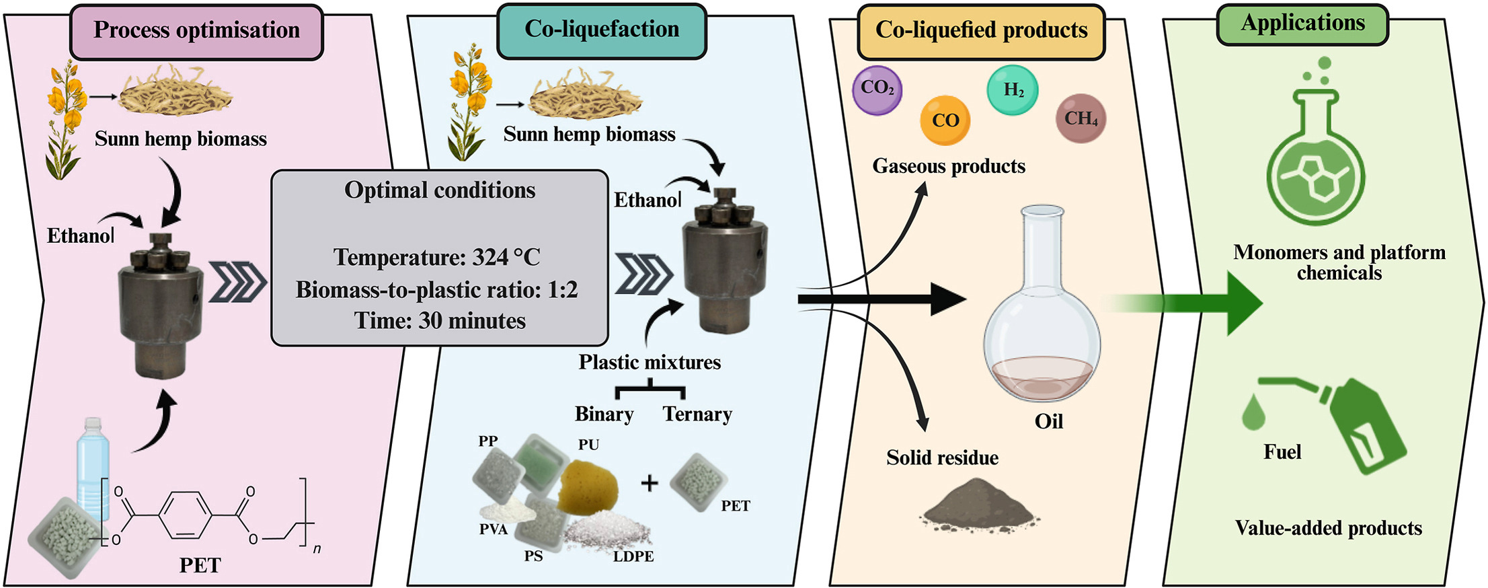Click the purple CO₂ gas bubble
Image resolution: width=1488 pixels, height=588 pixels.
click(x=877, y=89)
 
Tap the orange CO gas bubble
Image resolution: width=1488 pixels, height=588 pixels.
click(x=945, y=120)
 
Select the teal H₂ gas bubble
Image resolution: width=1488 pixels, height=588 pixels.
click(x=1013, y=90)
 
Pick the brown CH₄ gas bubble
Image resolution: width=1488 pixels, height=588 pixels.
click(x=1081, y=119)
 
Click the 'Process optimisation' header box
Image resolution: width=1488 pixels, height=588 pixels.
click(x=196, y=31)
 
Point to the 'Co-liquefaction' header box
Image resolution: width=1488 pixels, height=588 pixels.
click(x=602, y=30)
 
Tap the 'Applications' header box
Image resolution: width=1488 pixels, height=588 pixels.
click(x=1302, y=24)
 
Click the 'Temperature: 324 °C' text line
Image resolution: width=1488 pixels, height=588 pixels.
click(x=437, y=257)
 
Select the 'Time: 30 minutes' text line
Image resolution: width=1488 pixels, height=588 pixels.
click(x=440, y=320)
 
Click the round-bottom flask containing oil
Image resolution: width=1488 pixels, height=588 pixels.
click(x=1042, y=316)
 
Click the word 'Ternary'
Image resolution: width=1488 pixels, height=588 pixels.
click(x=697, y=414)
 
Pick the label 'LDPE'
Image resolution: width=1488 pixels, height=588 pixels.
click(x=633, y=556)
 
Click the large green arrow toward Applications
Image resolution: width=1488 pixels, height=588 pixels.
click(x=1204, y=303)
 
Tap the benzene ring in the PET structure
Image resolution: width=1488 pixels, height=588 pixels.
click(x=185, y=516)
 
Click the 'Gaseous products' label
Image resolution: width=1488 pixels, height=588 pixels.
click(x=949, y=166)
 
